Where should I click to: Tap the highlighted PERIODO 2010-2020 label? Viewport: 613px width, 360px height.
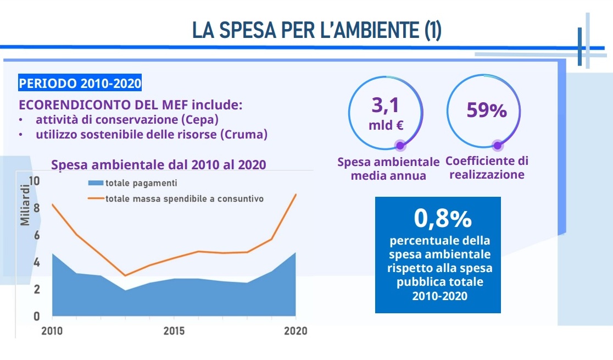tap(80, 84)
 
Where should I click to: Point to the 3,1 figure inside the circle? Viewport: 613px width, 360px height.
tap(386, 104)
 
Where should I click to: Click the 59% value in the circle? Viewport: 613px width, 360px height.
tap(486, 110)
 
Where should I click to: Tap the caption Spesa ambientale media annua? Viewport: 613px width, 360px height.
tap(388, 169)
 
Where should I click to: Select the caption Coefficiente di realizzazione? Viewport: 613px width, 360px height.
tap(487, 168)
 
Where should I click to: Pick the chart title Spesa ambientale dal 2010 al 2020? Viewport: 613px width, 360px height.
tap(158, 165)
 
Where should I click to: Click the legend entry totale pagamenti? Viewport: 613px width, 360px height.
tap(141, 183)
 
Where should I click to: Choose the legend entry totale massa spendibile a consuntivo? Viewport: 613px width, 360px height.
tap(184, 198)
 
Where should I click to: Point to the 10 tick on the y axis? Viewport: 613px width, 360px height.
tap(34, 181)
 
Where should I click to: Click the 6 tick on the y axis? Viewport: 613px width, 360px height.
tap(37, 235)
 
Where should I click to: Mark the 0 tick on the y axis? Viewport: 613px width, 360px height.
tap(37, 316)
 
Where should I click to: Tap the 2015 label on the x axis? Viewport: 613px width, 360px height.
tap(174, 331)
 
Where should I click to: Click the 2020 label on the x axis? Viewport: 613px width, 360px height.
tap(296, 331)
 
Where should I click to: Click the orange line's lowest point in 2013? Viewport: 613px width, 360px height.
tap(125, 275)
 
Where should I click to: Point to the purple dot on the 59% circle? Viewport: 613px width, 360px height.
tap(498, 146)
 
